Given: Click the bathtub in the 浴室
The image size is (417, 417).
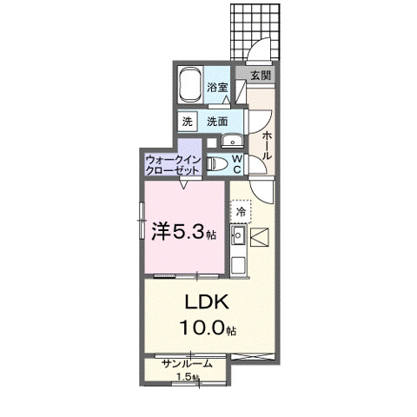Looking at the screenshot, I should pos(190,87).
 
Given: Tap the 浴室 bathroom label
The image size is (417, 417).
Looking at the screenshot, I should pos(217,87).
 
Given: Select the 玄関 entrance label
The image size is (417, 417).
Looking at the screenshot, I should pos(261,76).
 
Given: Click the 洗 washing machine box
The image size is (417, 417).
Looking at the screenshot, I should pos(188,122).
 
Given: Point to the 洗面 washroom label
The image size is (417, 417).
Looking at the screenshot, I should pos(217,122).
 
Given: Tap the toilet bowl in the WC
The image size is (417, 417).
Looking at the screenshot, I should pos(217,163).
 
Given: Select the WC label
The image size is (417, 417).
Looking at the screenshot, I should pos(236,163).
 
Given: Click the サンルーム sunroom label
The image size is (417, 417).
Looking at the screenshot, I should pos(187,364).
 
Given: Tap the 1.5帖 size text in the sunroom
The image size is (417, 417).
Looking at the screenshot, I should pos(188,376).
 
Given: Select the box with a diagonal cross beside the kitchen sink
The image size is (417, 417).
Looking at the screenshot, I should pos(261,235).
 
